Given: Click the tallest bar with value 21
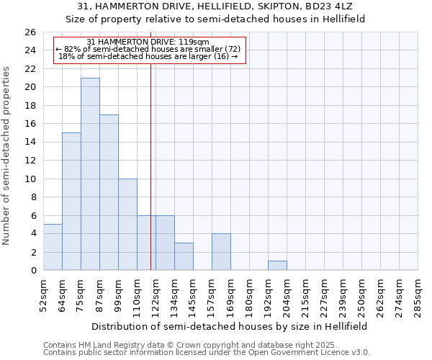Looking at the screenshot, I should point(90,174).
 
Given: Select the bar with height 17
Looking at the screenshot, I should point(109,192).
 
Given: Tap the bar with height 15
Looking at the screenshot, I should point(71,202).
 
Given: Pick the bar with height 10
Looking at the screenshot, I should point(127,224).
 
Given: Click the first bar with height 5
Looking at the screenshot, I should point(53,247).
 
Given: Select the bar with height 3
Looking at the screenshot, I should point(184,256).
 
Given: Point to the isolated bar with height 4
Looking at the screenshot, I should point(221,252).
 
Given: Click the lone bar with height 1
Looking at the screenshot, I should point(277,266).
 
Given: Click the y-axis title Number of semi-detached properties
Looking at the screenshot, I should point(7,156).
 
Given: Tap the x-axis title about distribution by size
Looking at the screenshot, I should point(228,326).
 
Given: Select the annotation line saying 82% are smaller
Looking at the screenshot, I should point(150,49).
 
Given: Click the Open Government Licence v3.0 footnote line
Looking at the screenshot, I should point(207,353).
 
